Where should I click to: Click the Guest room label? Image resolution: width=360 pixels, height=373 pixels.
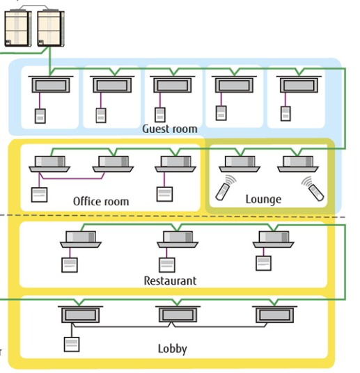click(x=170, y=129)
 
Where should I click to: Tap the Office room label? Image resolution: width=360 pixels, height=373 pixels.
click(x=101, y=202)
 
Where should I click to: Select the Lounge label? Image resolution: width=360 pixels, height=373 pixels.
click(x=263, y=199)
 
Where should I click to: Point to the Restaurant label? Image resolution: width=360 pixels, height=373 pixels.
click(x=170, y=280)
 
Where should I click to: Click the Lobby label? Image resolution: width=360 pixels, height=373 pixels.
click(x=173, y=349)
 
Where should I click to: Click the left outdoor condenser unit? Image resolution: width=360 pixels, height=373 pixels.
click(x=18, y=28)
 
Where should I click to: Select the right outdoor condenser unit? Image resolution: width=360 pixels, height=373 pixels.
click(x=51, y=28)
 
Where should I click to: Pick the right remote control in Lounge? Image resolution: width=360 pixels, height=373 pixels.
click(x=313, y=189)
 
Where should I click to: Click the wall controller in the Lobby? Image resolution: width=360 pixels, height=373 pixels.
click(x=72, y=344)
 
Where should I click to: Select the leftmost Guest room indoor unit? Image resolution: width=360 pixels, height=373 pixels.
click(x=51, y=84)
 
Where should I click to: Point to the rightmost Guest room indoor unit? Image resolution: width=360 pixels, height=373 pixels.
click(x=299, y=84)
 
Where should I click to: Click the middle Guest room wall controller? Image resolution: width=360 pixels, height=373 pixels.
click(x=160, y=115)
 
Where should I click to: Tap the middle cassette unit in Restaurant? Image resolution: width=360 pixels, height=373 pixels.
click(x=178, y=239)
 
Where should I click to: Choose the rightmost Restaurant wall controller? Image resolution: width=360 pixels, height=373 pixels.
click(x=263, y=263)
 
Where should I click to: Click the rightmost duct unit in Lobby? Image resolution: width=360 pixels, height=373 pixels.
click(x=274, y=315)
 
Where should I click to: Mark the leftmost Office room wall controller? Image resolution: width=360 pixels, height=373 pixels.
click(x=39, y=195)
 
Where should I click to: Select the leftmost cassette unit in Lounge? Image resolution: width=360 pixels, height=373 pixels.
click(x=240, y=164)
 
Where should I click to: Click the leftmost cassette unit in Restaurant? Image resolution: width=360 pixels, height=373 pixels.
click(x=81, y=239)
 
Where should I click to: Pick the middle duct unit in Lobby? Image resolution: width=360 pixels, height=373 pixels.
click(x=178, y=315)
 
